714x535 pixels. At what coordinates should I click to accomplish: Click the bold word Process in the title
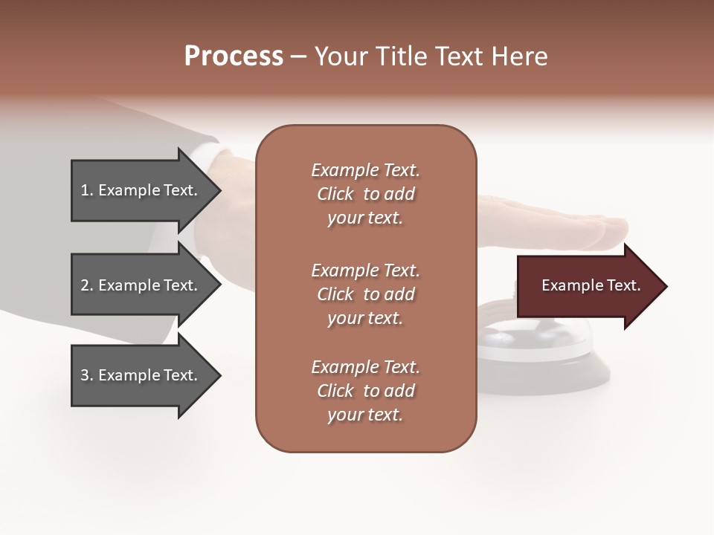tap(234, 56)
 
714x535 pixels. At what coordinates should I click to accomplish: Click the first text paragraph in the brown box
tap(365, 194)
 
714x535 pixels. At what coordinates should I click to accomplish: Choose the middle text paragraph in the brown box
tap(365, 294)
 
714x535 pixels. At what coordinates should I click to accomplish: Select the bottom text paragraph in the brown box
tap(365, 391)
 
